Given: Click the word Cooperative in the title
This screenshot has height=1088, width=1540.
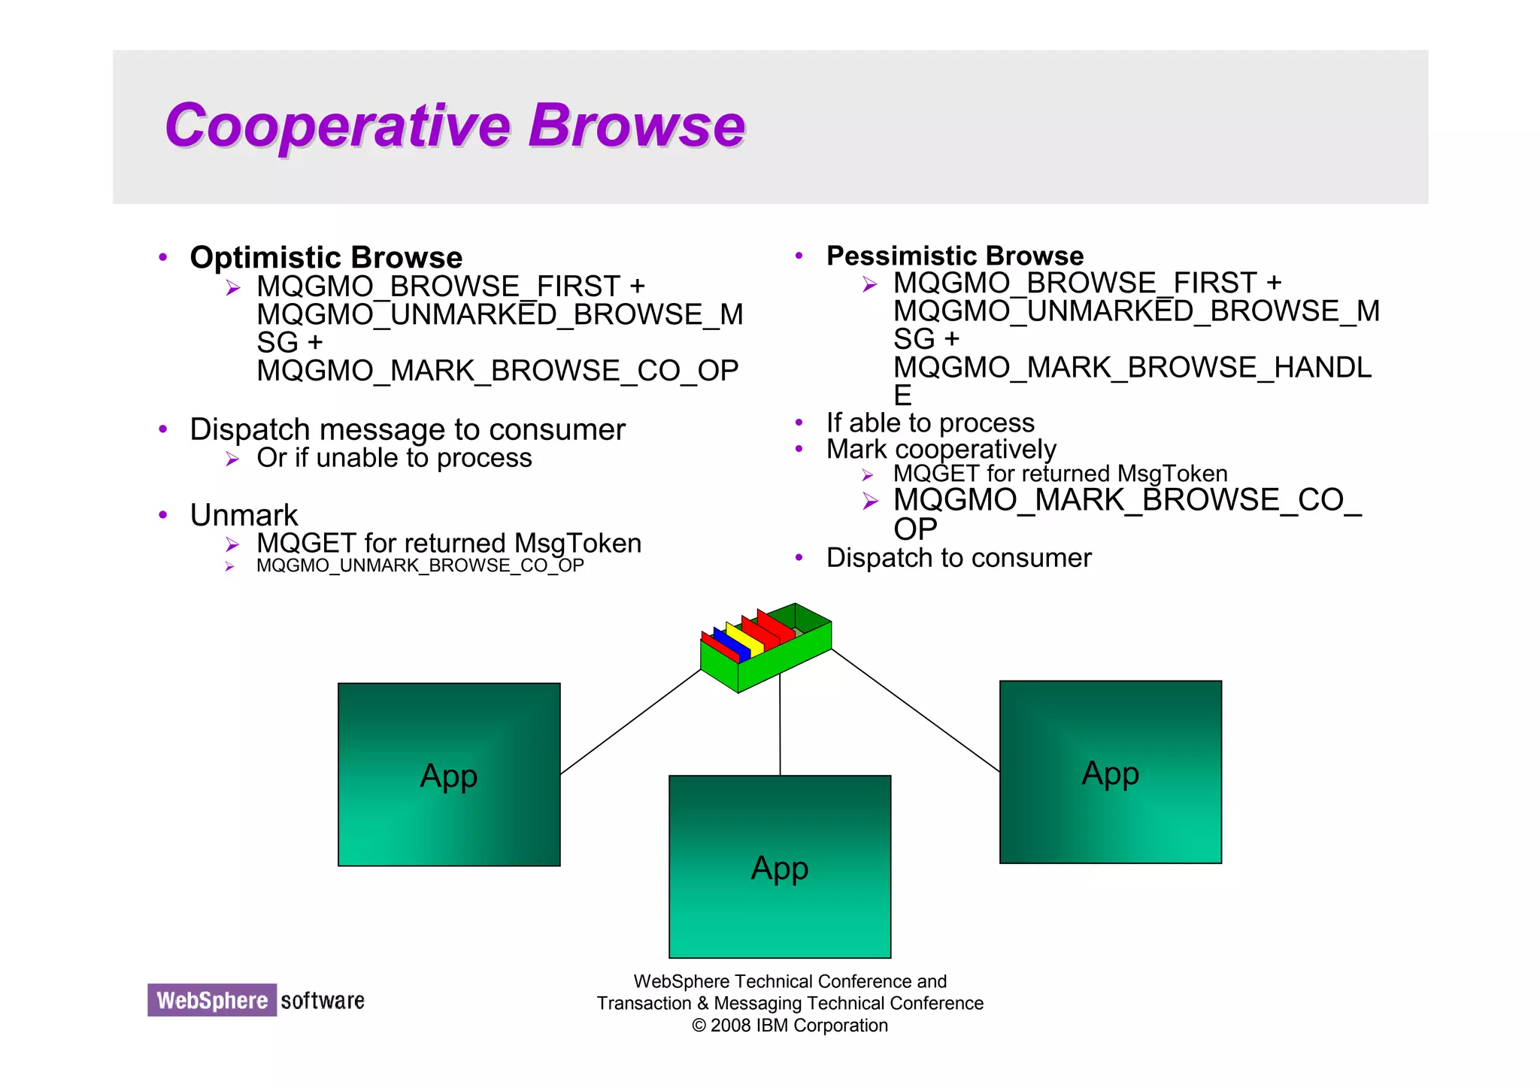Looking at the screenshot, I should pos(337,126).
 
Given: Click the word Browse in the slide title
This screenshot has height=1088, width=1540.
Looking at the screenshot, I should pos(636,126).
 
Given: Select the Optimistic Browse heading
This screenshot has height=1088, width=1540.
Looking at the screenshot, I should pos(326,258).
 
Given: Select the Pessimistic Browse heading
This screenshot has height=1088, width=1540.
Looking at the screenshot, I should pos(954,256).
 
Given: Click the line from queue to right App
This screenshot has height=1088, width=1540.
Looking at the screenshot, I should pos(914,710).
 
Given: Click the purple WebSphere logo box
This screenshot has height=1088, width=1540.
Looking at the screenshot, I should pos(212,1000).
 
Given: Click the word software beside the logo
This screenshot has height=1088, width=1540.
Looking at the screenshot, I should pos(322,1001).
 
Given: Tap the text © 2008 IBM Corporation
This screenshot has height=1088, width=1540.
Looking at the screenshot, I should pos(790,1026).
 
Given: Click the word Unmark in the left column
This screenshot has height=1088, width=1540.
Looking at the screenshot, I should pos(244,516).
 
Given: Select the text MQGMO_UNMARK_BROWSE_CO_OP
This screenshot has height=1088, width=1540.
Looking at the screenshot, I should pos(420,565).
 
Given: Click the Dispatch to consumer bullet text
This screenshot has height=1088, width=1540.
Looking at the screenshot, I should pos(958,558).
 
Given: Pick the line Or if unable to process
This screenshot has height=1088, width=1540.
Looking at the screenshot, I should pos(394,458).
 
